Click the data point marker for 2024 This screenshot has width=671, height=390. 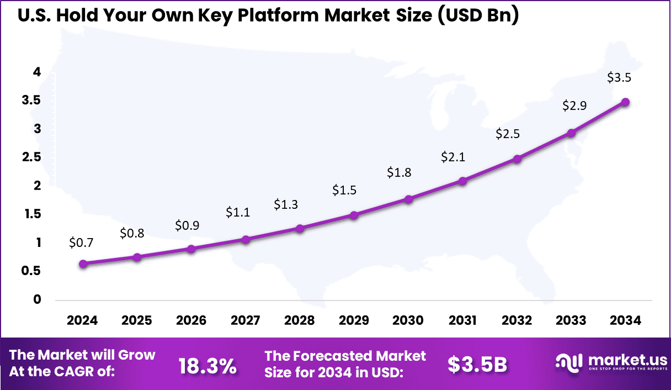click(83, 264)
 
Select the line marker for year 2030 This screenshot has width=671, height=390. click(408, 199)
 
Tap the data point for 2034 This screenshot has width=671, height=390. click(625, 102)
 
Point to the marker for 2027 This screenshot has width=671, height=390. click(246, 240)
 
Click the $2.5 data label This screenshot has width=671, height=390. click(507, 134)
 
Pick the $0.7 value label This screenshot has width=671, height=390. click(81, 242)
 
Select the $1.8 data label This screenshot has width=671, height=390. click(399, 172)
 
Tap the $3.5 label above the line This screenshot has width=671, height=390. click(619, 77)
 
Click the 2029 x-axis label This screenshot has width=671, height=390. click(354, 321)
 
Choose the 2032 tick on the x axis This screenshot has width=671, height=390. click(517, 321)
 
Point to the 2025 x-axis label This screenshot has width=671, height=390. click(137, 321)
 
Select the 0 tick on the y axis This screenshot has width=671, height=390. click(37, 300)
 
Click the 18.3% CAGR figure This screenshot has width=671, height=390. click(207, 365)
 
